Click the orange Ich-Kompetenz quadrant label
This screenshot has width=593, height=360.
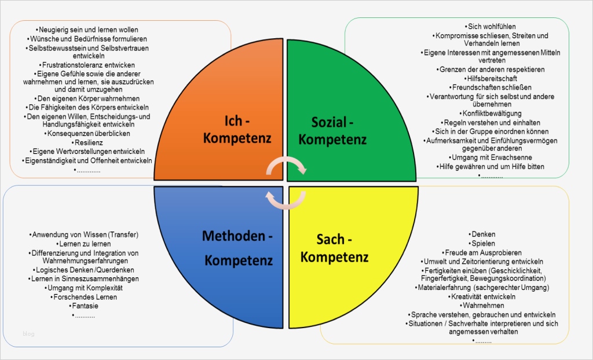click(x=237, y=130)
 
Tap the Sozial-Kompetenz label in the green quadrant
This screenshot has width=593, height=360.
click(x=332, y=131)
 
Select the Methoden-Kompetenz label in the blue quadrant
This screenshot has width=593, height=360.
click(x=237, y=248)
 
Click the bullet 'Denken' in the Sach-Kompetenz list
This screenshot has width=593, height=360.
click(x=483, y=234)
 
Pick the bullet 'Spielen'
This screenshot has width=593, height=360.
click(x=483, y=244)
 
